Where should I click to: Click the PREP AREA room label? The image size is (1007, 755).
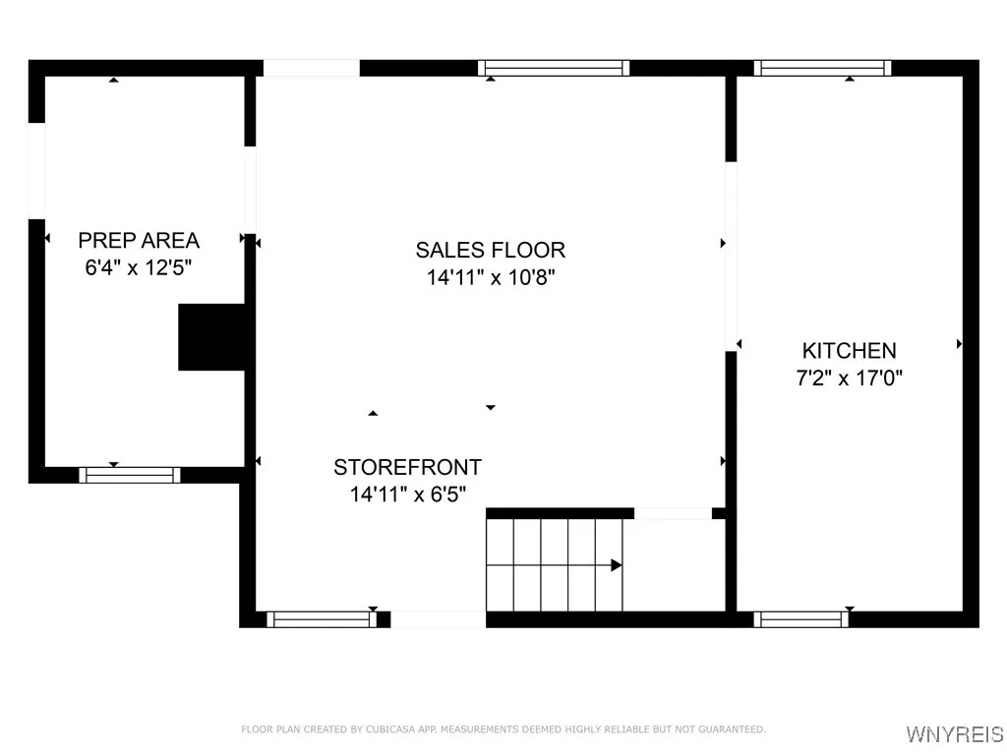click(x=139, y=240)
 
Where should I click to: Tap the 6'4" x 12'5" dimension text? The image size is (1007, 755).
click(x=139, y=267)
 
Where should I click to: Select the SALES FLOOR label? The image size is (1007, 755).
click(x=490, y=250)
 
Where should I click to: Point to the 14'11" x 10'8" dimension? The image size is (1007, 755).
click(x=491, y=277)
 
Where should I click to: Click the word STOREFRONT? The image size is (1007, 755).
click(x=407, y=467)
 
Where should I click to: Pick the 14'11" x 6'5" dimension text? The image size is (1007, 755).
click(x=407, y=494)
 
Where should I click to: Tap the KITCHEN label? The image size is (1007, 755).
click(x=849, y=350)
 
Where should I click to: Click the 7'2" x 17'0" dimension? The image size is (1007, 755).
click(x=849, y=377)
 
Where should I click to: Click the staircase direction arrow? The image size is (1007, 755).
click(x=616, y=565)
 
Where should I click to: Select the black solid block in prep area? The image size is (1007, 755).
click(x=210, y=337)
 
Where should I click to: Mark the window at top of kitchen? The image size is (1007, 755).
click(x=822, y=68)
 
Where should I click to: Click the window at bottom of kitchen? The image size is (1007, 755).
click(x=800, y=619)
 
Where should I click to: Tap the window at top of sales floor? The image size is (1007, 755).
click(x=554, y=68)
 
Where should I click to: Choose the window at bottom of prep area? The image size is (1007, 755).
click(x=130, y=475)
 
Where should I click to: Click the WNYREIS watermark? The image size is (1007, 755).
click(x=953, y=734)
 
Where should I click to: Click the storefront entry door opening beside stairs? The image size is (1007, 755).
click(x=438, y=619)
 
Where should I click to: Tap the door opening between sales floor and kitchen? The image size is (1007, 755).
click(x=731, y=256)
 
